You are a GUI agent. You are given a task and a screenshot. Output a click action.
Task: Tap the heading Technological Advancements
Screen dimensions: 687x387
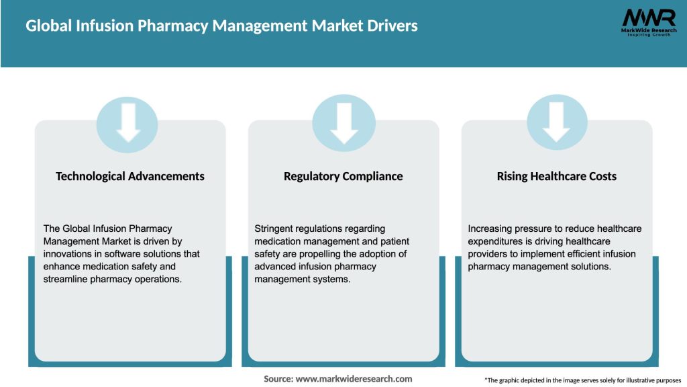click(x=130, y=176)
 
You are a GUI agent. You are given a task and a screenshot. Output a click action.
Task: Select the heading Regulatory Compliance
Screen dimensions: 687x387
click(x=343, y=176)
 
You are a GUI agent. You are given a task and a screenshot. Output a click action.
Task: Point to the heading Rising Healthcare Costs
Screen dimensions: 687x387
click(x=557, y=176)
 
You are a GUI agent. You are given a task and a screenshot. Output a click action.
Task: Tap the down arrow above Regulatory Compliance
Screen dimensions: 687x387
click(x=343, y=122)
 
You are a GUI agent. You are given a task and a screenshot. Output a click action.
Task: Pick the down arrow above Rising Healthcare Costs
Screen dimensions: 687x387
click(x=557, y=122)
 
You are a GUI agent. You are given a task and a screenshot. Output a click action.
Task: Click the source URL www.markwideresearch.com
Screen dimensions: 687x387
click(x=354, y=379)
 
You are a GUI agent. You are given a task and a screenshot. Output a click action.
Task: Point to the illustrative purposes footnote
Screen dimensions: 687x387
click(x=582, y=380)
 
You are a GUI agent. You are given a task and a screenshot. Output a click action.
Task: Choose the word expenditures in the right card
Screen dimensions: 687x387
click(x=496, y=241)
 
